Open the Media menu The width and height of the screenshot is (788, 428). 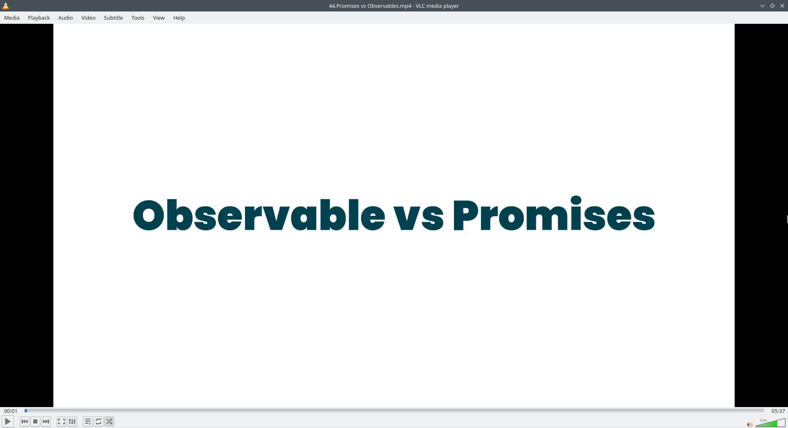12,18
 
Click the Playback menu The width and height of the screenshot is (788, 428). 39,18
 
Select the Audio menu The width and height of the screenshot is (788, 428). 66,18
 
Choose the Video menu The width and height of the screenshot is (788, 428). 88,18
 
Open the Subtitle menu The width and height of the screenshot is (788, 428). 113,18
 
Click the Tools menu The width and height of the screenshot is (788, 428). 138,18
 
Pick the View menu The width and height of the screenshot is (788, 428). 159,18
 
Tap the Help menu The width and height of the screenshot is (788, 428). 179,18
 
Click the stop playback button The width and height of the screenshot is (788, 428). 35,421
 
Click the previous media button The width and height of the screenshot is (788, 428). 25,421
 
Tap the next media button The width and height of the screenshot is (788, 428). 46,421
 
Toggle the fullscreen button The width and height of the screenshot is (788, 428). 62,421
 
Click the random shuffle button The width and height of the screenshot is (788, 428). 109,421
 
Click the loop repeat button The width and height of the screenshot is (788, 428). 98,421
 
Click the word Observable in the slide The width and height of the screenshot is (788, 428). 259,215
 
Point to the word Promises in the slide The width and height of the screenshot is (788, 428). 554,213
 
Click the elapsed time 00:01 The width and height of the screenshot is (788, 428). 11,411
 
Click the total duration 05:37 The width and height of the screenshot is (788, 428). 778,411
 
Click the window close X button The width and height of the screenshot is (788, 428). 782,6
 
